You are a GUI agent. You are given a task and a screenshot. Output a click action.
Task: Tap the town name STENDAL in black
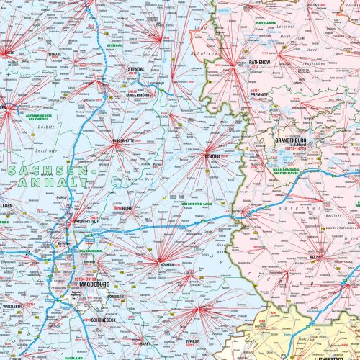[x=136, y=70]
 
